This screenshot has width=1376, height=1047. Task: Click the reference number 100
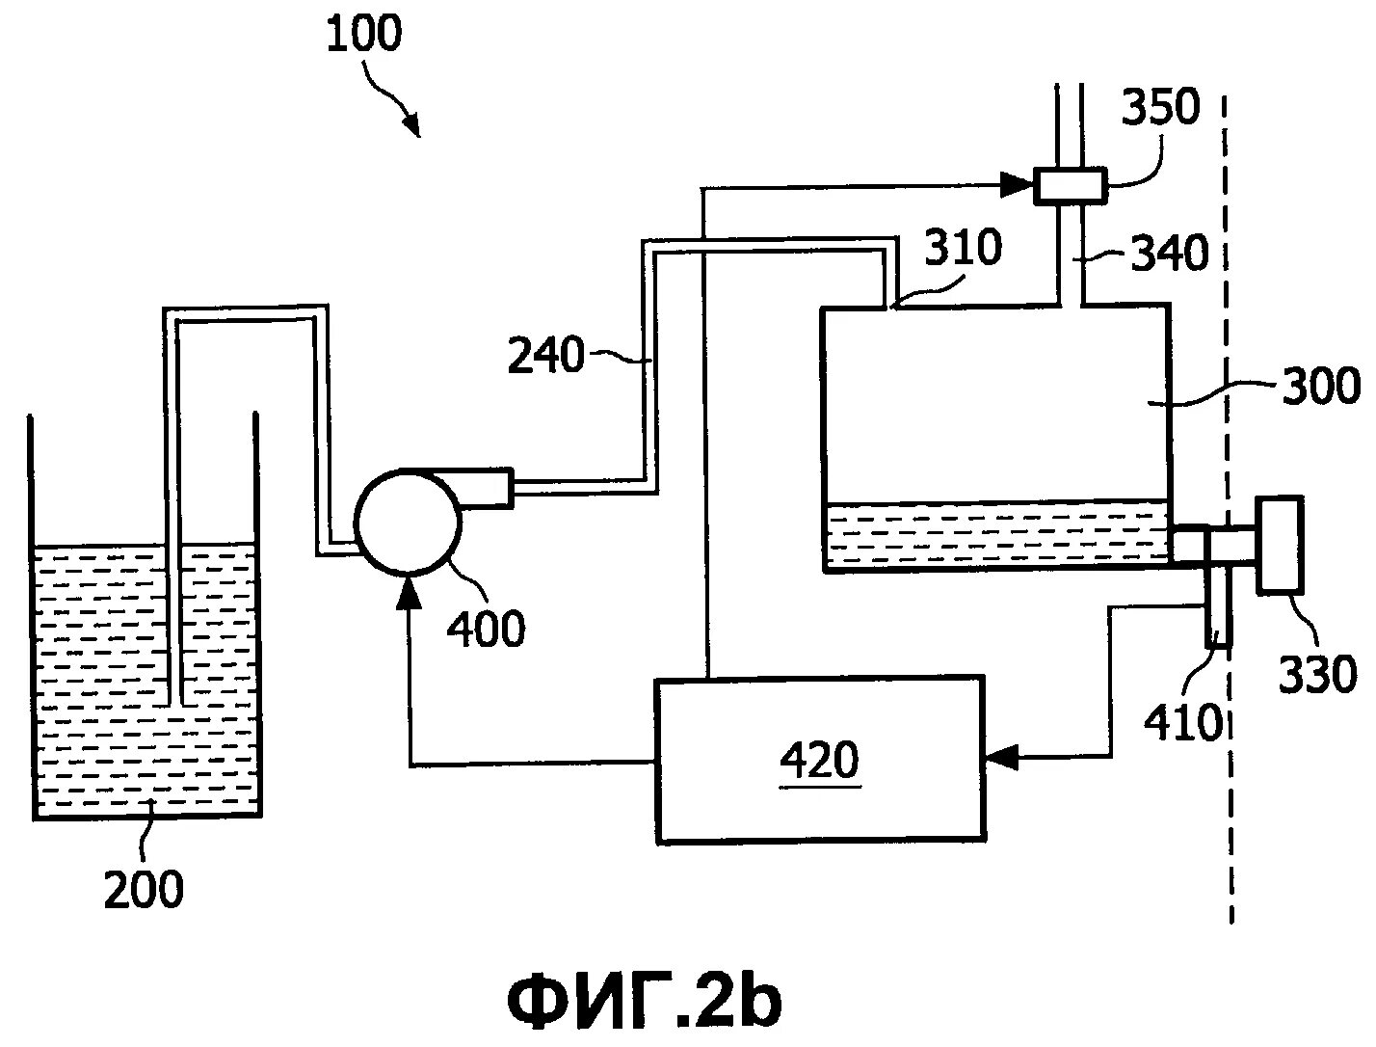click(363, 35)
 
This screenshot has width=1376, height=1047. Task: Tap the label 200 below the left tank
click(144, 889)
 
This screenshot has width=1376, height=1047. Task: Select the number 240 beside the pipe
click(545, 358)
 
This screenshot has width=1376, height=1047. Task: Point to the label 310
click(964, 249)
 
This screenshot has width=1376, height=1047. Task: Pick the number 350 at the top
click(1161, 108)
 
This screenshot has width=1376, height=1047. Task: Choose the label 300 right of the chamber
click(1320, 386)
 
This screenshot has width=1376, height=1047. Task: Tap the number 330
click(1317, 675)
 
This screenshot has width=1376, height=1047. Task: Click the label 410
click(1182, 721)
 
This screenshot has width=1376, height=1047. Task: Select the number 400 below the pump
click(487, 630)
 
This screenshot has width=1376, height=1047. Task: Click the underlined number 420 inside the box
click(819, 762)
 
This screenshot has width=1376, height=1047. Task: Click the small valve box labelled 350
click(1069, 184)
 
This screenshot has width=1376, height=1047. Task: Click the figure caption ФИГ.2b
click(644, 1002)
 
